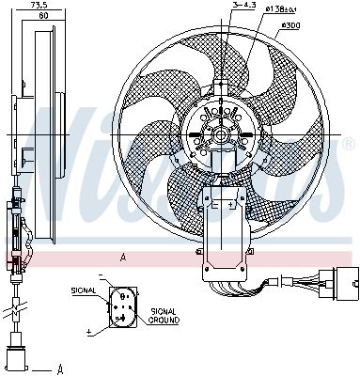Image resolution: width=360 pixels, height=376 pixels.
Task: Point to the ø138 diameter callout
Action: pos(257,8)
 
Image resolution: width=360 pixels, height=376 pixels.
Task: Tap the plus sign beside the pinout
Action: pos(88,331)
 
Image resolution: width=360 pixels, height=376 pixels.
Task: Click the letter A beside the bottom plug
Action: pos(59,368)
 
